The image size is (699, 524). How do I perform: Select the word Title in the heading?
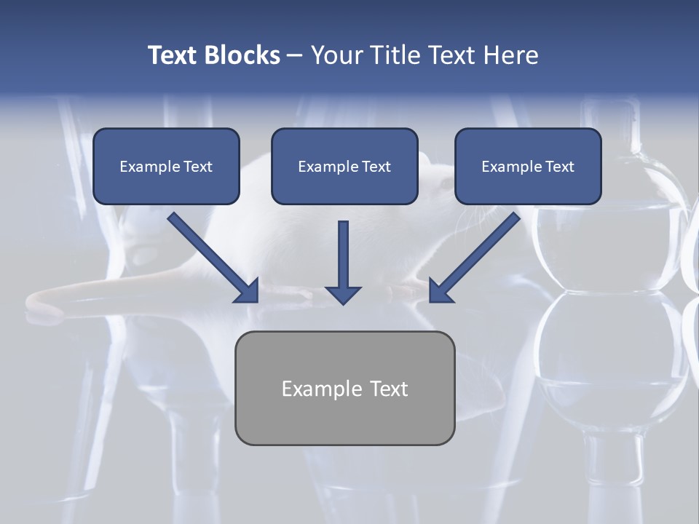[396, 55]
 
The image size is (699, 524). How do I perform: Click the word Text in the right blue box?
[559, 167]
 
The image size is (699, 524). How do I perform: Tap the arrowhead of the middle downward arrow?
[343, 295]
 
